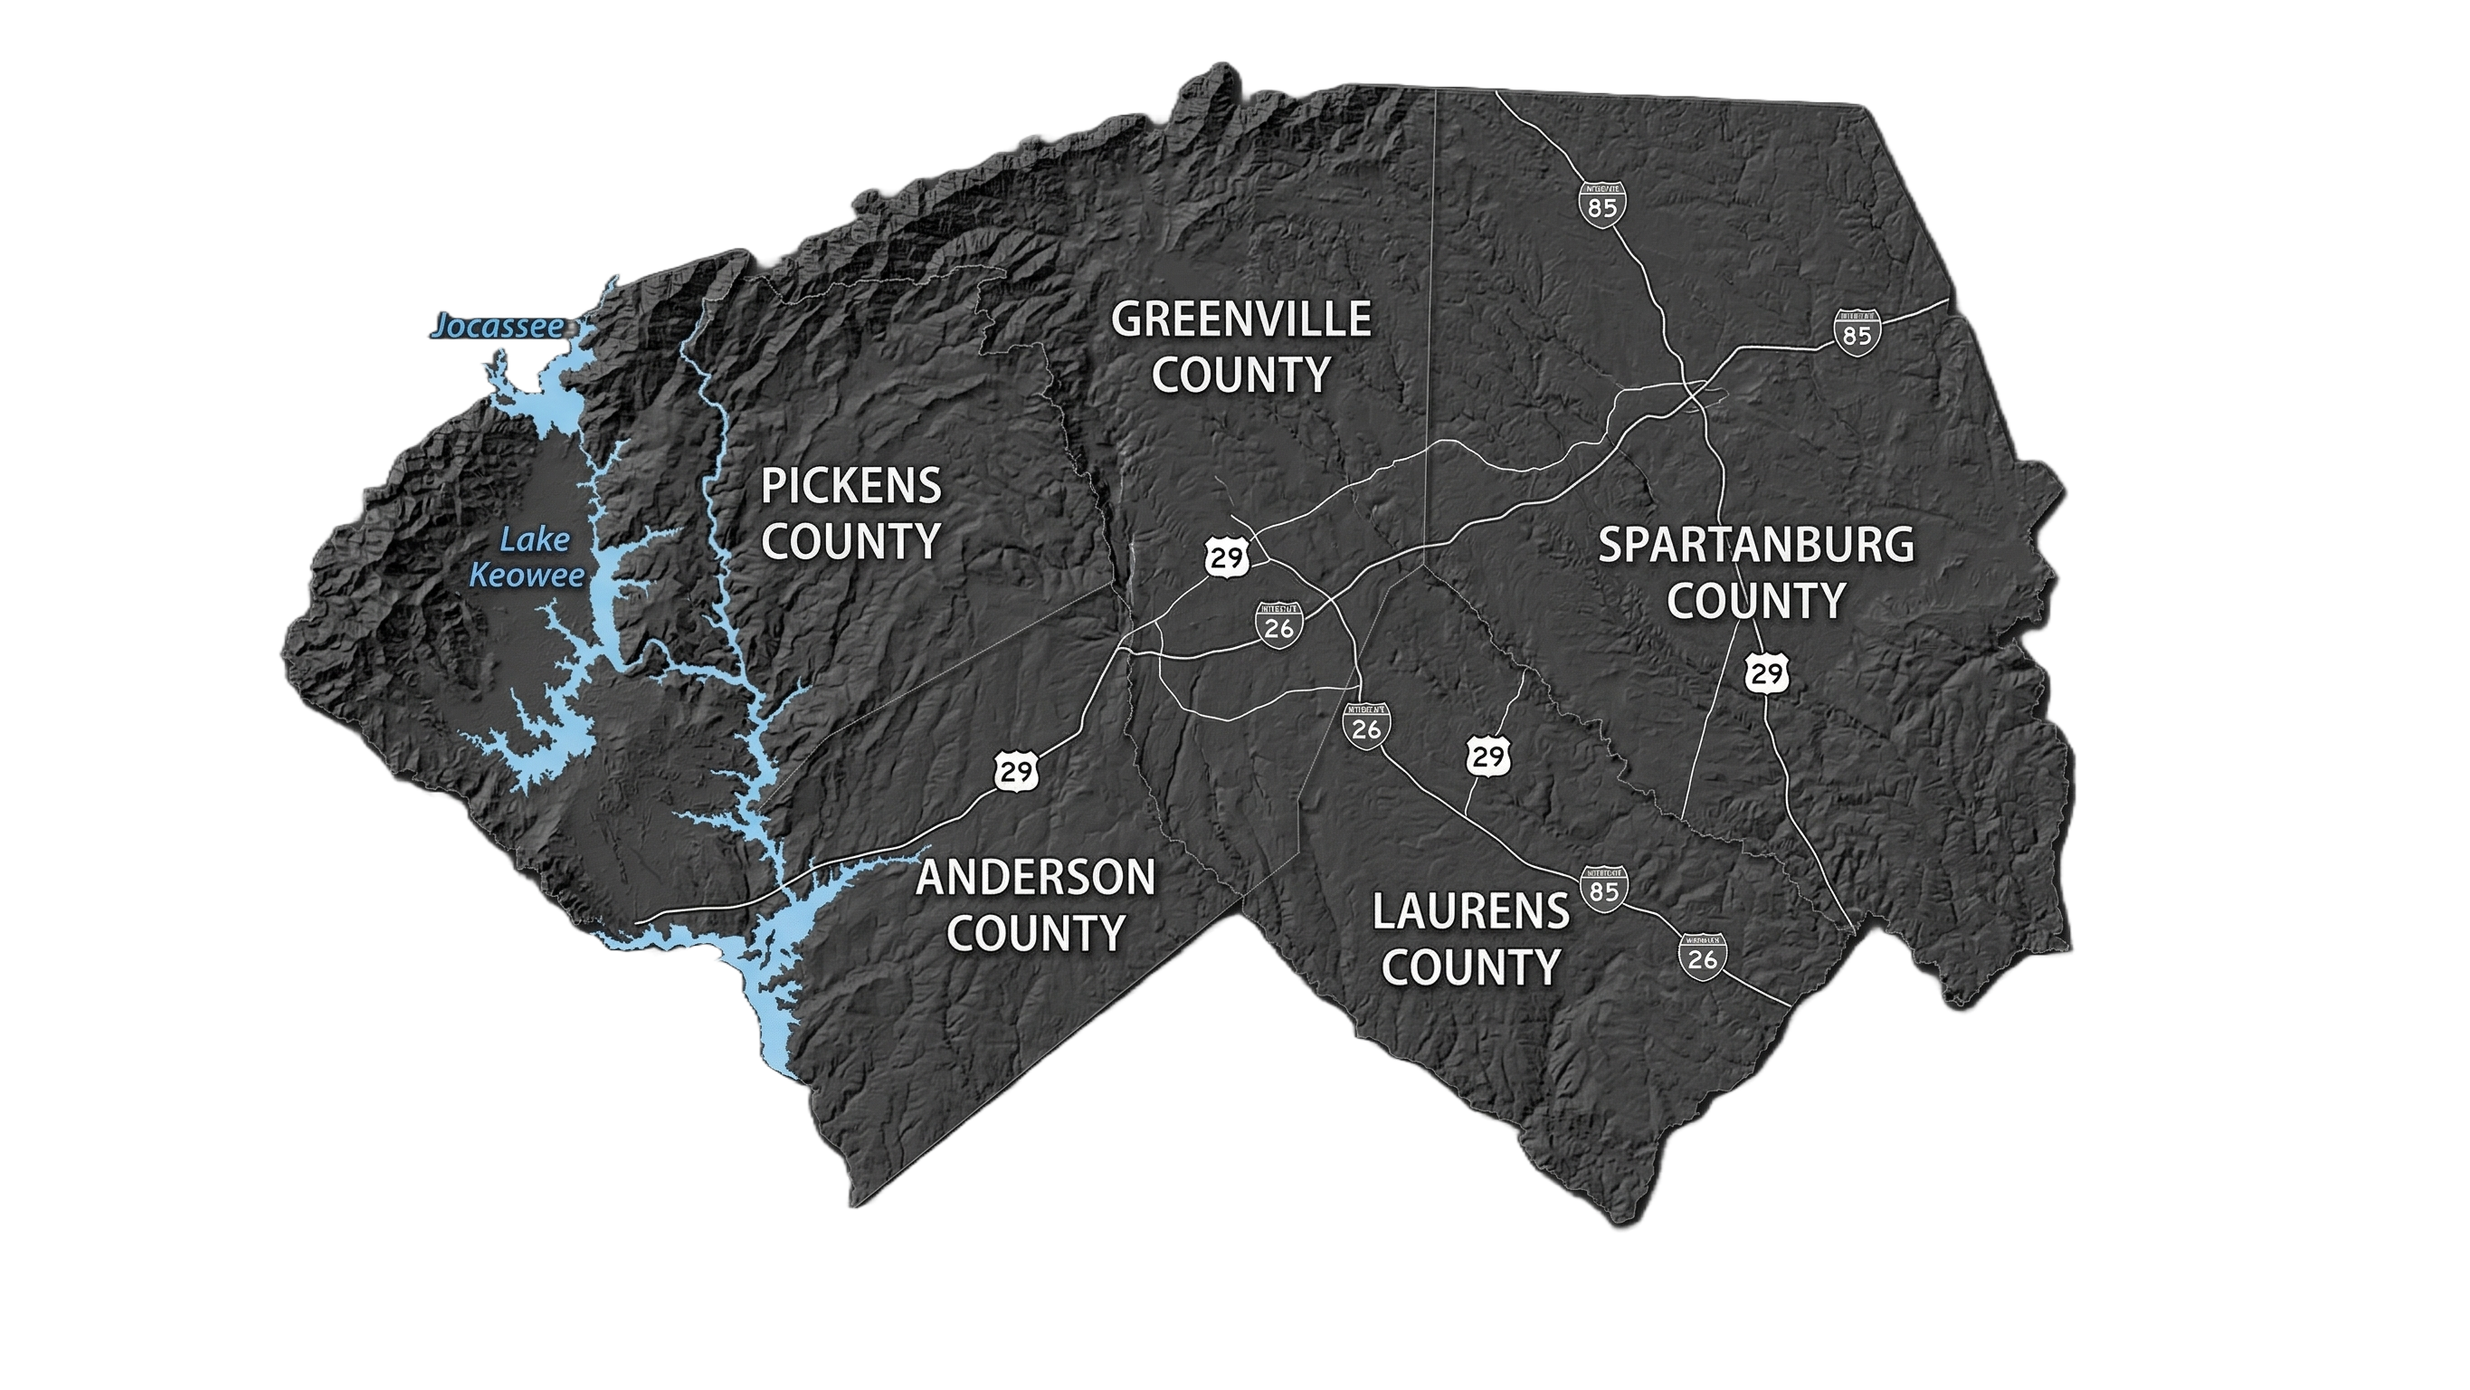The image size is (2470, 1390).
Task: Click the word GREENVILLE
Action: (x=1240, y=319)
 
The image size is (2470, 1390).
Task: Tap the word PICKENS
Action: (x=850, y=486)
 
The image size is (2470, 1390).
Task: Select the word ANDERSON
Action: (x=1036, y=878)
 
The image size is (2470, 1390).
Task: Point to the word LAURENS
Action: (x=1471, y=911)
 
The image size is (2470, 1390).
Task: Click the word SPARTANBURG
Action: (x=1755, y=546)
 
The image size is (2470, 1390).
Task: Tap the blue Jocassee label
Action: (x=497, y=327)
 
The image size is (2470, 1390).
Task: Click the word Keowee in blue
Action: (x=527, y=576)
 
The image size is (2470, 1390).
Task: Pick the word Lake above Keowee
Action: (x=534, y=540)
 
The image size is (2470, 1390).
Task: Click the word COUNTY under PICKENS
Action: (x=850, y=542)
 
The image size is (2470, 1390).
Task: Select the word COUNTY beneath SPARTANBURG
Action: (x=1755, y=602)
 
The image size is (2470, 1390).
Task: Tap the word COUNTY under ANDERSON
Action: (x=1036, y=933)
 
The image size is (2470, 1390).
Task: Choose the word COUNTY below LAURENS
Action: (x=1471, y=967)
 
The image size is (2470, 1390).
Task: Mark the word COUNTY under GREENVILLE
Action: (x=1240, y=375)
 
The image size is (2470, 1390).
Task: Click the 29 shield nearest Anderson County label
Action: (x=1016, y=770)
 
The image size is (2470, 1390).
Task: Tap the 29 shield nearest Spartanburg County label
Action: (x=1766, y=673)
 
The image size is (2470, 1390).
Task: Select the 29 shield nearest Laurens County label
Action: (x=1488, y=756)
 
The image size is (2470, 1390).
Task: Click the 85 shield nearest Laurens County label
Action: (x=1604, y=890)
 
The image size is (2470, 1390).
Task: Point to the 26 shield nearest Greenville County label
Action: (x=1279, y=625)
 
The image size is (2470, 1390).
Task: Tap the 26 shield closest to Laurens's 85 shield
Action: (x=1703, y=957)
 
